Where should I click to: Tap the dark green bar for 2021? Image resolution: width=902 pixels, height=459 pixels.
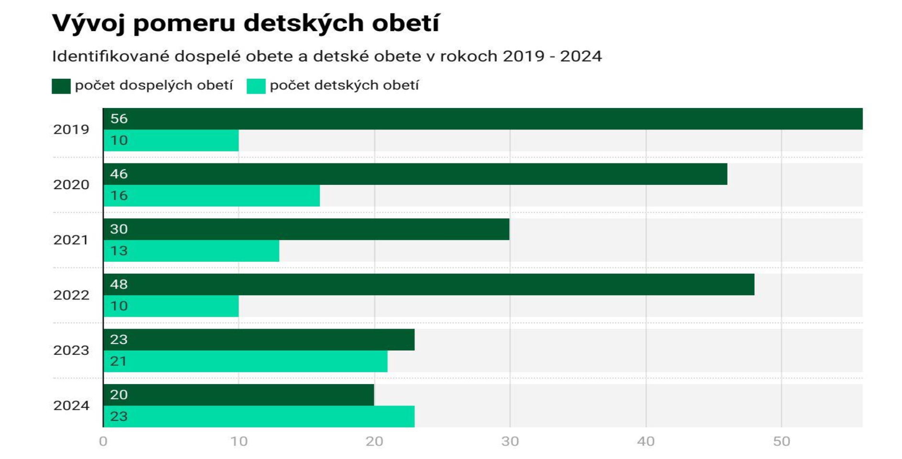click(x=306, y=229)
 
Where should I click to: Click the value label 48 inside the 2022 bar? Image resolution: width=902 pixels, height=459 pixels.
click(x=119, y=285)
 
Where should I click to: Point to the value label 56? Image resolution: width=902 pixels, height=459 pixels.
click(x=119, y=119)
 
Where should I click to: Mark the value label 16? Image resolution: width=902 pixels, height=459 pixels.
click(x=119, y=196)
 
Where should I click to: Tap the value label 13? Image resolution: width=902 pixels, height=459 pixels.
click(x=119, y=251)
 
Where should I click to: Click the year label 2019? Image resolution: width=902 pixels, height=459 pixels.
click(x=71, y=129)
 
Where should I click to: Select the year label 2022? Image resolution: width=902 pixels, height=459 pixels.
click(x=71, y=295)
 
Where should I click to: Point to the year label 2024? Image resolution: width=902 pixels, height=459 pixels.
click(x=71, y=406)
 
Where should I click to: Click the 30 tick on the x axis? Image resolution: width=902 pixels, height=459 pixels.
click(x=510, y=441)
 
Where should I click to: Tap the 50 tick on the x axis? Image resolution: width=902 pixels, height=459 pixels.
click(x=782, y=441)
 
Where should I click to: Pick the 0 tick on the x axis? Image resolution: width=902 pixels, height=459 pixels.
click(x=103, y=441)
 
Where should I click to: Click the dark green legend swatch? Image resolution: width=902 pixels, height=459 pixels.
click(x=61, y=86)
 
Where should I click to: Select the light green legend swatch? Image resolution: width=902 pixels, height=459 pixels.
click(x=256, y=86)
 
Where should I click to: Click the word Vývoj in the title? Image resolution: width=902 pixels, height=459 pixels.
click(x=88, y=23)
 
